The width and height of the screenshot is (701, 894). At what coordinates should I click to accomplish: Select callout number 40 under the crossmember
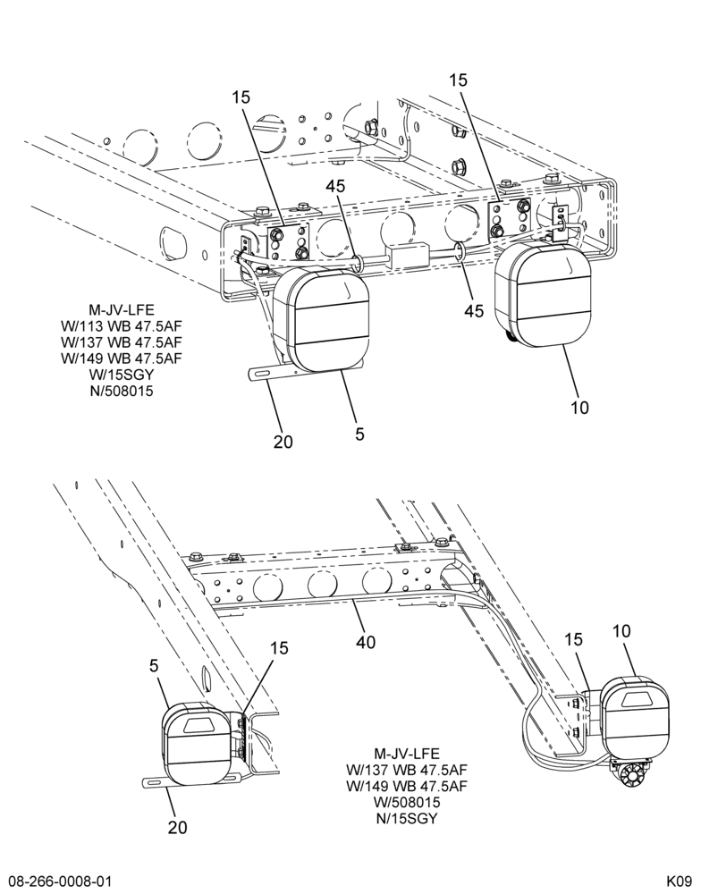pyautogui.click(x=366, y=642)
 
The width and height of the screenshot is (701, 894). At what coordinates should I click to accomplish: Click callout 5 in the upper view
pyautogui.click(x=359, y=434)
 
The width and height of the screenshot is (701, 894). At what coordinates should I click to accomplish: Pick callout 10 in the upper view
pyautogui.click(x=579, y=408)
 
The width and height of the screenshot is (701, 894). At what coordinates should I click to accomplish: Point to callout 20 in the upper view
pyautogui.click(x=283, y=442)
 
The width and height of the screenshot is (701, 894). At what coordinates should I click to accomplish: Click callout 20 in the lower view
pyautogui.click(x=177, y=827)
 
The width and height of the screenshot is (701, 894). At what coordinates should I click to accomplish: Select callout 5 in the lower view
pyautogui.click(x=154, y=665)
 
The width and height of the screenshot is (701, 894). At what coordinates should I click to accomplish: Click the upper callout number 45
pyautogui.click(x=337, y=187)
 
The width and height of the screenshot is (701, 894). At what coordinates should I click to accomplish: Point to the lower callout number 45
pyautogui.click(x=473, y=311)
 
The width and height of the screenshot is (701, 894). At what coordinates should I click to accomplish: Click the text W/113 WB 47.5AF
pyautogui.click(x=121, y=326)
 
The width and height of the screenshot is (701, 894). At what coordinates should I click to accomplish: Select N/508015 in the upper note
pyautogui.click(x=122, y=392)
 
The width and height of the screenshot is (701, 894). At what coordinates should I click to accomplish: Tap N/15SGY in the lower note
pyautogui.click(x=407, y=818)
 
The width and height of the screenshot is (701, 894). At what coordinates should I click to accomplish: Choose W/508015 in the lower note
pyautogui.click(x=407, y=802)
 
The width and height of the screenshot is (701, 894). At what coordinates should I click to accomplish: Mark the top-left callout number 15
pyautogui.click(x=241, y=97)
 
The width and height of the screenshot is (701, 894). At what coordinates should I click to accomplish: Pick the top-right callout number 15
pyautogui.click(x=458, y=80)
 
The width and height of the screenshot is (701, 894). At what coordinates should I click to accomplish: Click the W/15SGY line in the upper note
pyautogui.click(x=122, y=375)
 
